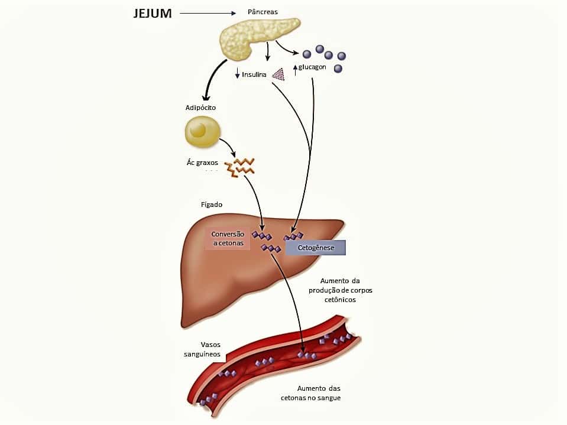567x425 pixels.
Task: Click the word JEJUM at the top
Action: point(153,13)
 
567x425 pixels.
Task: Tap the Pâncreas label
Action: point(263,12)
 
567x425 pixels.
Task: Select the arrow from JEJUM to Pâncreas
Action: point(212,12)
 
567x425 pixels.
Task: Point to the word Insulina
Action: point(255,74)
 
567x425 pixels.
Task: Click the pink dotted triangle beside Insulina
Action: point(278,73)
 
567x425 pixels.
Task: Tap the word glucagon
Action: point(312,67)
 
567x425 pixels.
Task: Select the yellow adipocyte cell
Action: point(202,131)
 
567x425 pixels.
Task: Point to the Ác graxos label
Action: point(202,163)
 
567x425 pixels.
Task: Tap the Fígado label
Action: point(211,205)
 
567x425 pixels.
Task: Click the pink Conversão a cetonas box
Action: point(228,238)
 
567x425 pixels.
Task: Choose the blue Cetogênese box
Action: point(316,248)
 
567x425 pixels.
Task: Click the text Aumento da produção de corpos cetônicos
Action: point(340,290)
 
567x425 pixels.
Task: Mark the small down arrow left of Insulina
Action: point(238,74)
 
